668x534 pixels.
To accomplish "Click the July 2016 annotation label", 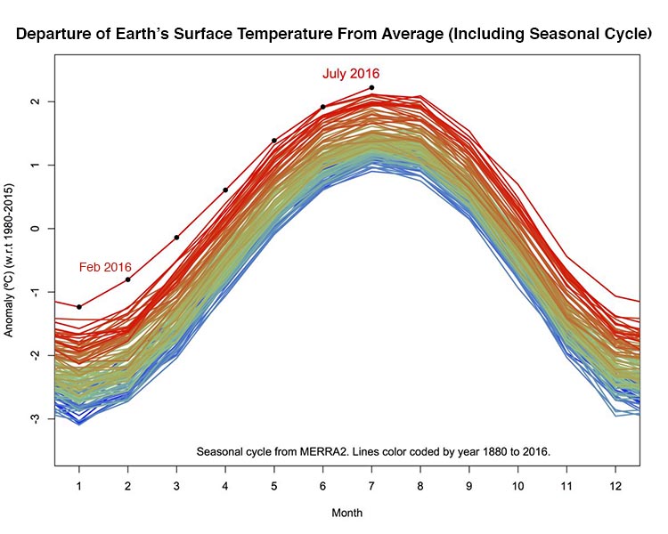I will (351, 74).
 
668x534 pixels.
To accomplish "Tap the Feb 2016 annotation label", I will (105, 267).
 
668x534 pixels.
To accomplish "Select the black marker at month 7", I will (371, 87).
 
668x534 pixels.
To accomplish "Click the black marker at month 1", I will (79, 307).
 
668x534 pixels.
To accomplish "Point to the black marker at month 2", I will (128, 279).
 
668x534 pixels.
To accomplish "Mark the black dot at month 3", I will (176, 238).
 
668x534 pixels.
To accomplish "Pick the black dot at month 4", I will (225, 190).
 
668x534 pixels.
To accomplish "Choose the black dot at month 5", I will (274, 141).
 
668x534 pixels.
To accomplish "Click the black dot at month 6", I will (322, 107).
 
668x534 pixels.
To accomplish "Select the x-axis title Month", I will (346, 514).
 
